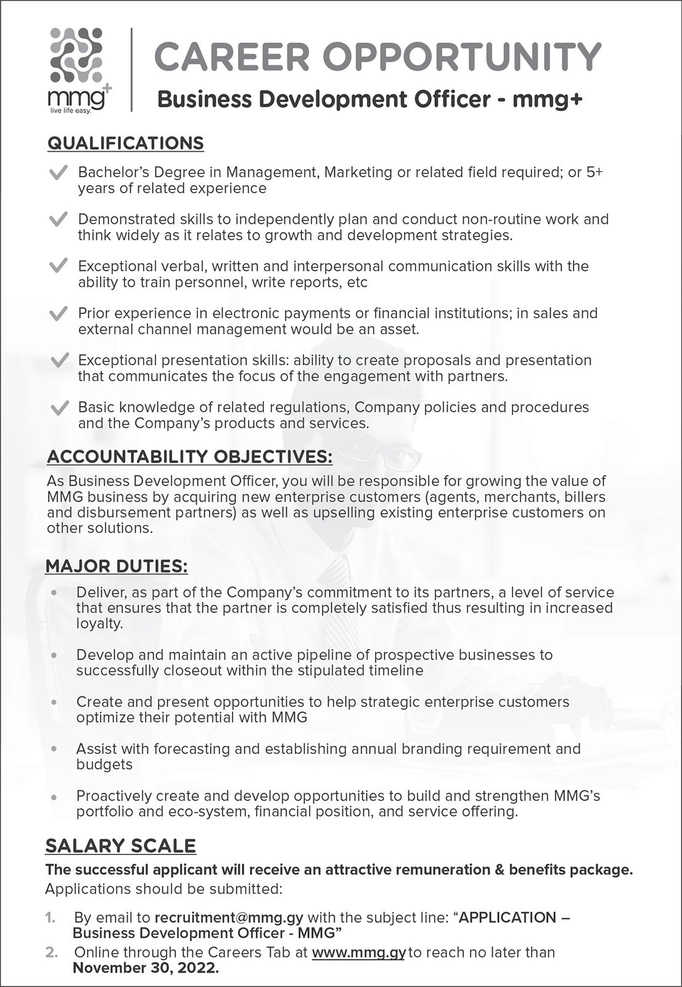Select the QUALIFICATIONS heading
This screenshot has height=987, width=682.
(125, 143)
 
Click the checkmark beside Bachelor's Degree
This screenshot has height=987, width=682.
(58, 173)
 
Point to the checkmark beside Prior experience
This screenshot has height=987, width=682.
(58, 314)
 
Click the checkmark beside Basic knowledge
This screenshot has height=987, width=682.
(59, 408)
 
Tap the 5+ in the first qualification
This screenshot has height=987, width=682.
(594, 172)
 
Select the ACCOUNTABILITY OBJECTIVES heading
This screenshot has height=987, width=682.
(189, 457)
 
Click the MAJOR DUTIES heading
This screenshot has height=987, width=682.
(117, 566)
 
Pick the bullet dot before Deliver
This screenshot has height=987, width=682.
(54, 593)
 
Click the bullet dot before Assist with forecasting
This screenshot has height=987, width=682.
(54, 749)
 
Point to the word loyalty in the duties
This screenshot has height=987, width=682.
(99, 624)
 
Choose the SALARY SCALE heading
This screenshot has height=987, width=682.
(120, 846)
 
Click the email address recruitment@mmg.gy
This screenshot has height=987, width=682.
(228, 917)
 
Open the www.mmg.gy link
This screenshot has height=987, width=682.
(358, 952)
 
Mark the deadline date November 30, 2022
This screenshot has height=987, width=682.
(146, 968)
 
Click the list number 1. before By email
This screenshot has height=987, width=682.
(51, 918)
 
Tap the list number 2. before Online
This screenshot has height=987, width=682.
(52, 952)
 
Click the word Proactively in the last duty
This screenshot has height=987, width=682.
(113, 796)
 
